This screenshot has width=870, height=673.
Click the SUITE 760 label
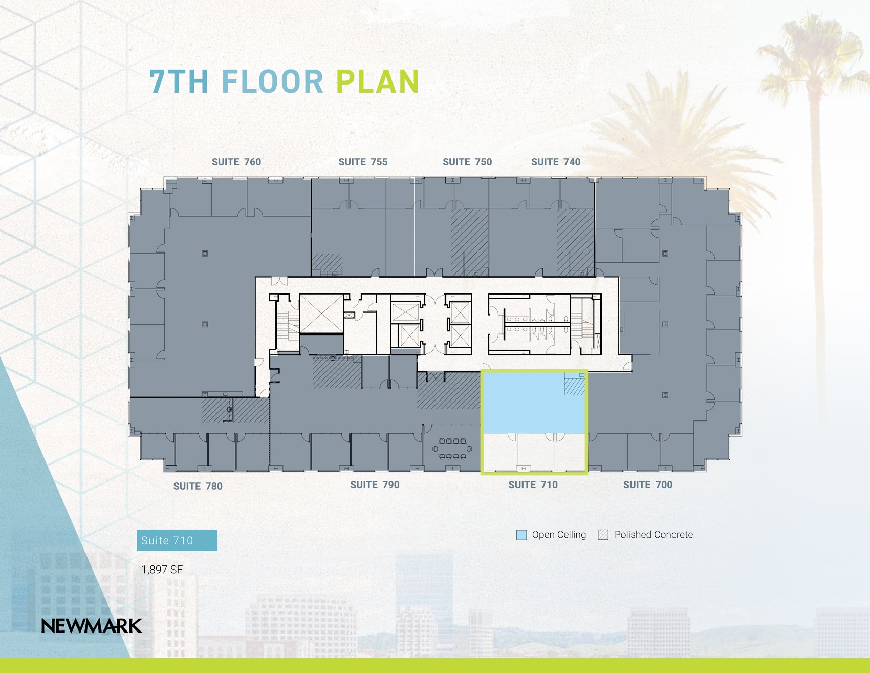(236, 162)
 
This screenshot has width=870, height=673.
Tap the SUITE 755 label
(363, 162)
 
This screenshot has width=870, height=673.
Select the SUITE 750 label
(467, 162)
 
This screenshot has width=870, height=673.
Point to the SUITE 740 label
(556, 162)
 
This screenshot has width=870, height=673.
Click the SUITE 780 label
(198, 486)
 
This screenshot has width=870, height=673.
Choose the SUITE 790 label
(375, 485)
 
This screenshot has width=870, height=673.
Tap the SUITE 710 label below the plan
(533, 485)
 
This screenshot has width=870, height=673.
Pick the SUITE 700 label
(647, 485)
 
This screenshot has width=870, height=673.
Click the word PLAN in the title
(378, 82)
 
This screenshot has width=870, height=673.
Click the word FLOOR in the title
(272, 82)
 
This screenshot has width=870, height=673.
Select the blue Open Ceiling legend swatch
(521, 535)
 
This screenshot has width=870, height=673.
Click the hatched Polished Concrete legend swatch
(603, 535)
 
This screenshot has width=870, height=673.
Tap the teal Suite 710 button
(177, 540)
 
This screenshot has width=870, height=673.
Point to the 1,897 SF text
(162, 570)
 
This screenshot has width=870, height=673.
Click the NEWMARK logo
(92, 626)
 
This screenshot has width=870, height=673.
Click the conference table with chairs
(452, 449)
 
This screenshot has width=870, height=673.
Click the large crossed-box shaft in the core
(321, 313)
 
